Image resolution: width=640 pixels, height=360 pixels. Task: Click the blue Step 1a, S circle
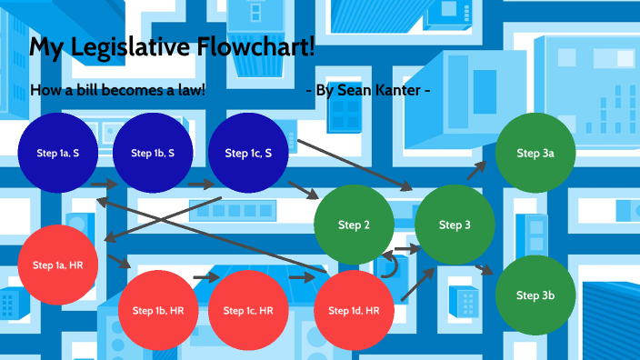(x=57, y=154)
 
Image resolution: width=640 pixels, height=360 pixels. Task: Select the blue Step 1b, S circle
(x=153, y=154)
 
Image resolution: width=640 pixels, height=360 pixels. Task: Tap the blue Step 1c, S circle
(x=248, y=154)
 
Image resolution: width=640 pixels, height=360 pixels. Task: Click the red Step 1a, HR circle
(x=57, y=265)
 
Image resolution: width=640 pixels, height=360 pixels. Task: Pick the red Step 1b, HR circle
(x=158, y=310)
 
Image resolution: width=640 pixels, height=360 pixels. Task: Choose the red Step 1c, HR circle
(x=248, y=310)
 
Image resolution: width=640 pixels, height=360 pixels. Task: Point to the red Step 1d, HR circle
(x=354, y=310)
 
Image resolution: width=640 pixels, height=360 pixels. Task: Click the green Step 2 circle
(x=354, y=225)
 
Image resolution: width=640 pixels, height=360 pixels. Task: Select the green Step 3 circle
(x=455, y=225)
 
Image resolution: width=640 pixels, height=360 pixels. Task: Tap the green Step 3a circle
(x=535, y=154)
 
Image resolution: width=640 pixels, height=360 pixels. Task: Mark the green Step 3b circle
(x=535, y=295)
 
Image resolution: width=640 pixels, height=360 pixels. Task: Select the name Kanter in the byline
(x=394, y=91)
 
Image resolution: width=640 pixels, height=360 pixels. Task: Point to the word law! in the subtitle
(x=187, y=91)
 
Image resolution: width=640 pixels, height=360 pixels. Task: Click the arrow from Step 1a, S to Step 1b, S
(x=105, y=185)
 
